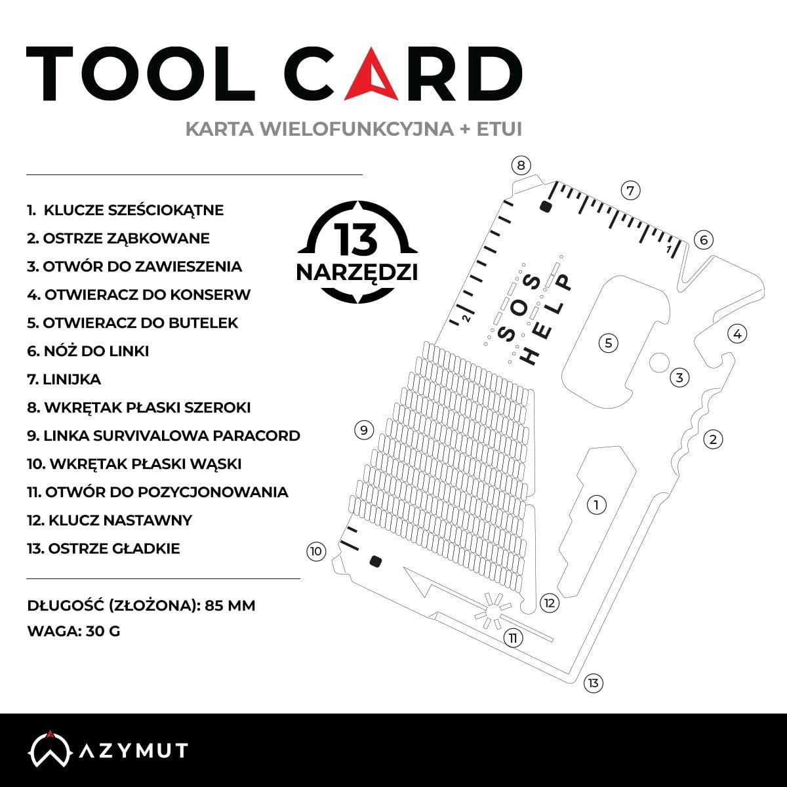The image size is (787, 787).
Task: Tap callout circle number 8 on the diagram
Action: pos(521,165)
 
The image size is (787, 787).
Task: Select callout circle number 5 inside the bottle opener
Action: pos(609,342)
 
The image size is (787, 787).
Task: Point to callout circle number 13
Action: pos(594,683)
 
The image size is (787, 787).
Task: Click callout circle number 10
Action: pos(316,552)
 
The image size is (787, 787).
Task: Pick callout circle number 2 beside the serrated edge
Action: pos(713,439)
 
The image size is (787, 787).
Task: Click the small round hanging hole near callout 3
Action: pos(659,363)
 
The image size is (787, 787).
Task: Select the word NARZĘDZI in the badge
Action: pos(357,273)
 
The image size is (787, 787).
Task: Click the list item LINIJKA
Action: pos(64,380)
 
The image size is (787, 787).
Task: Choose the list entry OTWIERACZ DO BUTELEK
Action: pos(132,323)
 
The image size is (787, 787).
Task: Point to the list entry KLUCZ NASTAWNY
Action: pos(110,520)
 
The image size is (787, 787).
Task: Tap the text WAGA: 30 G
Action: pos(74,631)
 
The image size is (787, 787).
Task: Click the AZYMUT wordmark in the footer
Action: pos(134,750)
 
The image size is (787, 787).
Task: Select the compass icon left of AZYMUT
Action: pos(50,748)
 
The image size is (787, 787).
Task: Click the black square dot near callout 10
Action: pos(375,561)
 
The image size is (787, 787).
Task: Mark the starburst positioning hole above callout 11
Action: pos(492,611)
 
